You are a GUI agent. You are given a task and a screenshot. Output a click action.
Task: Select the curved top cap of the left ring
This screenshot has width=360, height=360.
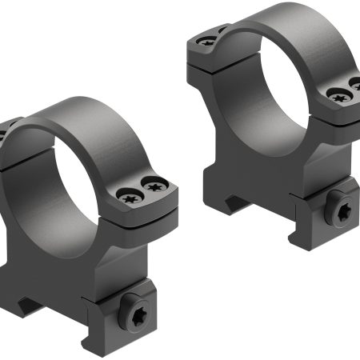pos(96,128)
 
